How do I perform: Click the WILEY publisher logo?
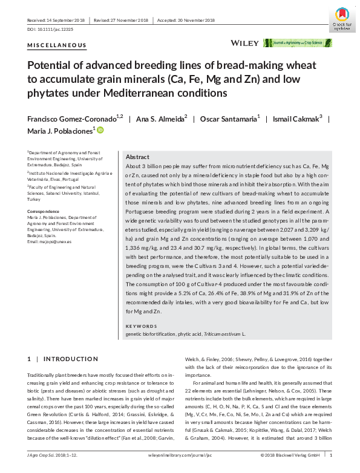point(244,43)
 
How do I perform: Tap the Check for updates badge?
point(342,16)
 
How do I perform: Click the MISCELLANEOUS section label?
point(57,46)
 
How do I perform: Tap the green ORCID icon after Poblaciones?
point(100,131)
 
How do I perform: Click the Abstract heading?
point(137,156)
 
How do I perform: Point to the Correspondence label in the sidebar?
point(44,210)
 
